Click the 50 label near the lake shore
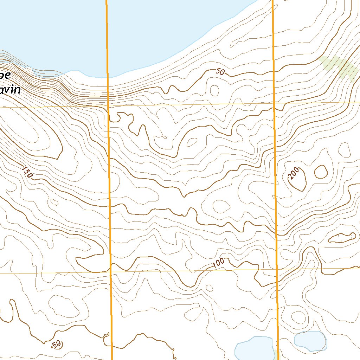(x=220, y=72)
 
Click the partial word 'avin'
(x=10, y=90)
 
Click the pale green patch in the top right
(x=339, y=67)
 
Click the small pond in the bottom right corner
(x=310, y=340)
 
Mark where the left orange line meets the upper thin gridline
(x=108, y=105)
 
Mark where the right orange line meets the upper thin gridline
(x=274, y=103)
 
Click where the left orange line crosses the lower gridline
(x=110, y=272)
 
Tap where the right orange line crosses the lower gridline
(x=277, y=269)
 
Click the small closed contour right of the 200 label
(x=321, y=172)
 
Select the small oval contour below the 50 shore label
(x=214, y=90)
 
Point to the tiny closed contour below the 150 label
(x=54, y=202)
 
